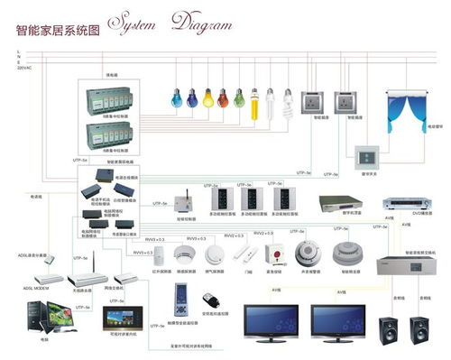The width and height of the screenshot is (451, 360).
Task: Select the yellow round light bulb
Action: (208, 97)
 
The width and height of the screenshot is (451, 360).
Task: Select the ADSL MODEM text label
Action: (29, 287)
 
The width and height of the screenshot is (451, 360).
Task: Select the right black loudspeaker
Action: (419, 329)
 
